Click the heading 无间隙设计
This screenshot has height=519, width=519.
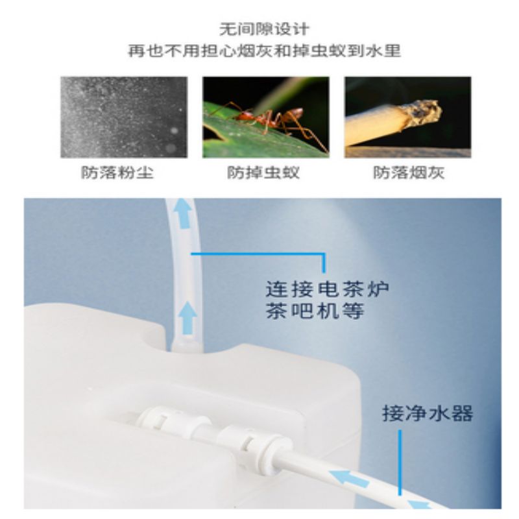(x=265, y=29)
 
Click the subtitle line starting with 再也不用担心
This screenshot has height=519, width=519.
(x=265, y=51)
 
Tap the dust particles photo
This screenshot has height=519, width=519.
(x=124, y=117)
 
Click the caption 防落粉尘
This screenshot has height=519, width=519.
(x=117, y=173)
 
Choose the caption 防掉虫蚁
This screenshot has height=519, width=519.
(x=263, y=173)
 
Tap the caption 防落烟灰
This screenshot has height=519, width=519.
(x=409, y=173)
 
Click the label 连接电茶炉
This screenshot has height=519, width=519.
(x=328, y=289)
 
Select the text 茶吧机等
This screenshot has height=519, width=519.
(x=315, y=311)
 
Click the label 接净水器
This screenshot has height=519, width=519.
(x=428, y=413)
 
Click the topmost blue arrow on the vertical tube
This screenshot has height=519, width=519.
(x=183, y=213)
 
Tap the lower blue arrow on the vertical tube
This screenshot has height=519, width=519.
(x=188, y=318)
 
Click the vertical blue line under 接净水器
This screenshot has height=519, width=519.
(x=400, y=463)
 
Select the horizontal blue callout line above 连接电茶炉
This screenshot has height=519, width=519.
(x=258, y=254)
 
